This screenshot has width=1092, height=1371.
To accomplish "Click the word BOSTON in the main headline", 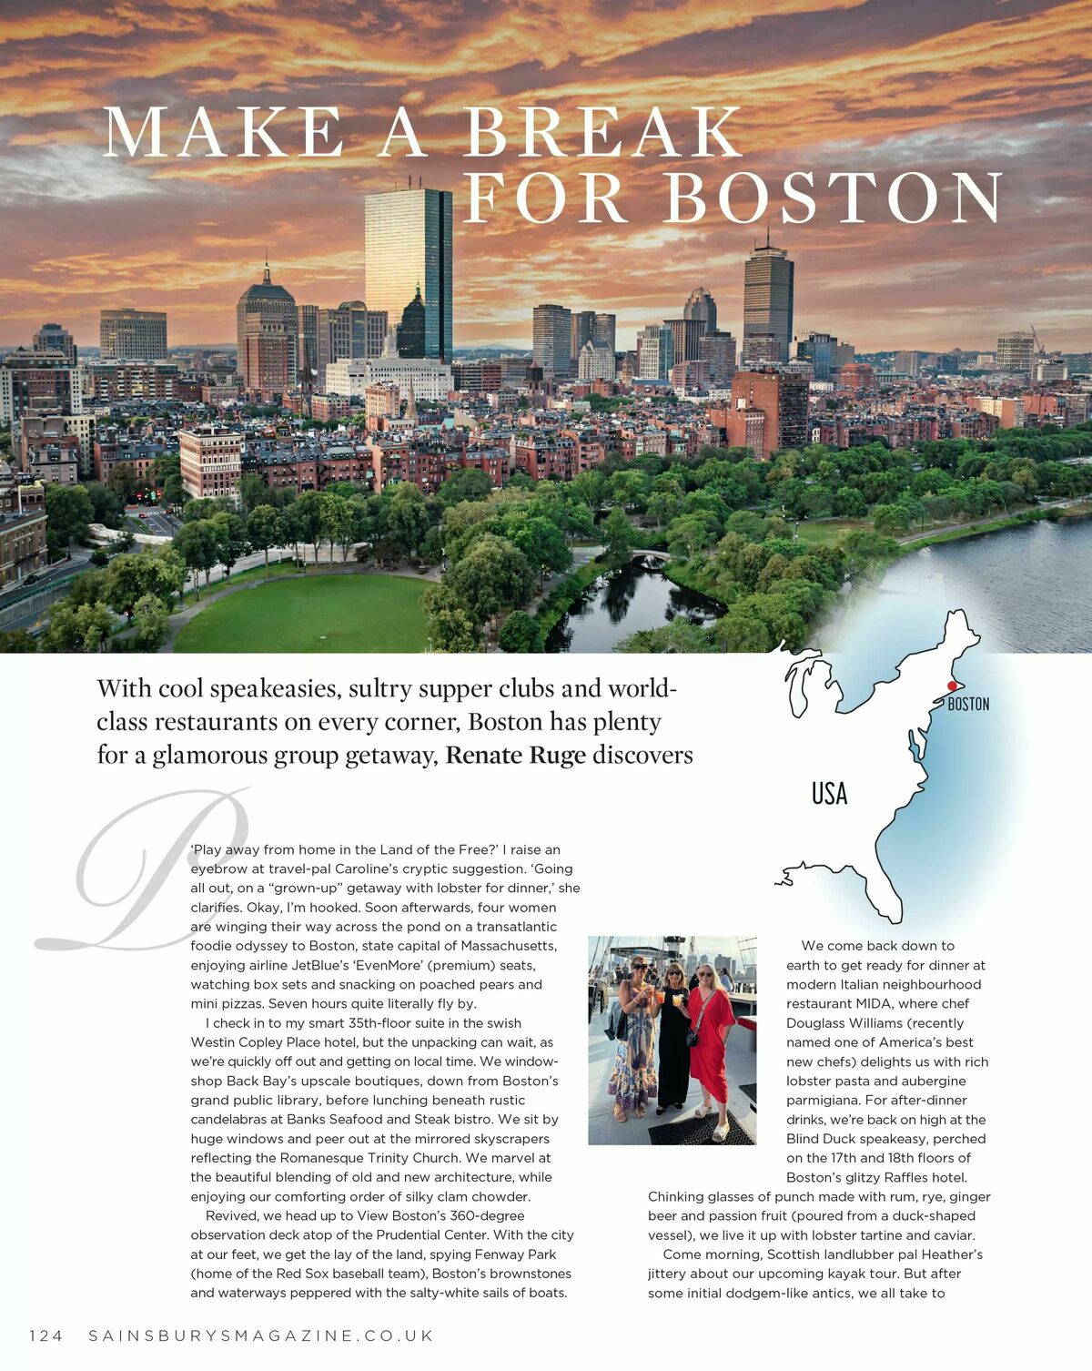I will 833,197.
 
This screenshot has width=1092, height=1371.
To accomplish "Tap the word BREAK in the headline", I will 602,133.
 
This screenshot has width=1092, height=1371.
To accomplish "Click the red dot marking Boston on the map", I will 952,685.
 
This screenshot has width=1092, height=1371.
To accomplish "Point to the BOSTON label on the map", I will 968,704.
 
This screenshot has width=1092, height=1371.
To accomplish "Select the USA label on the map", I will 829,794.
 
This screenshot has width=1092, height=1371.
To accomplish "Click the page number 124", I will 46,1335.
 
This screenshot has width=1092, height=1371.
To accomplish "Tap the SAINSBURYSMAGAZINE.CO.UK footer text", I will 261,1335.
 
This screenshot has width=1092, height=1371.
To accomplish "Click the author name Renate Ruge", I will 515,756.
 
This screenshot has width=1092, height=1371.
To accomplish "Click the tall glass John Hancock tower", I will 409,273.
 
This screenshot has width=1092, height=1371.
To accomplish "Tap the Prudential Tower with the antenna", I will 768,300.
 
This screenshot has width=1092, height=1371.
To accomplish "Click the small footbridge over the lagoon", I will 652,556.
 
